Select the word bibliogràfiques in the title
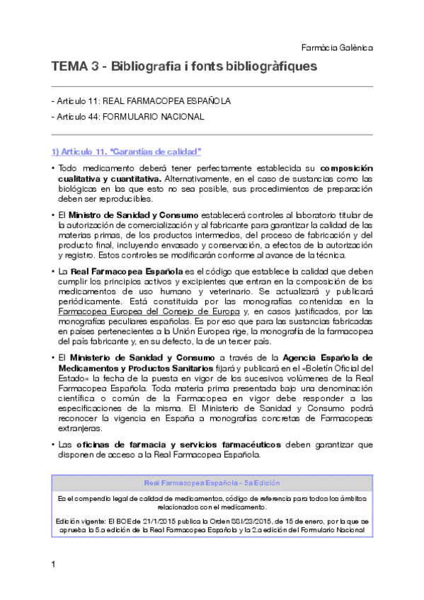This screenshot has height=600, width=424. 271,67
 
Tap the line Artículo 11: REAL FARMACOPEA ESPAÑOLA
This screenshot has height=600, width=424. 142,101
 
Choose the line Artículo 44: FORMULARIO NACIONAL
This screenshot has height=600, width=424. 128,117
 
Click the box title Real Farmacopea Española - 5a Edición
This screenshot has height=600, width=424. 212,483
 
